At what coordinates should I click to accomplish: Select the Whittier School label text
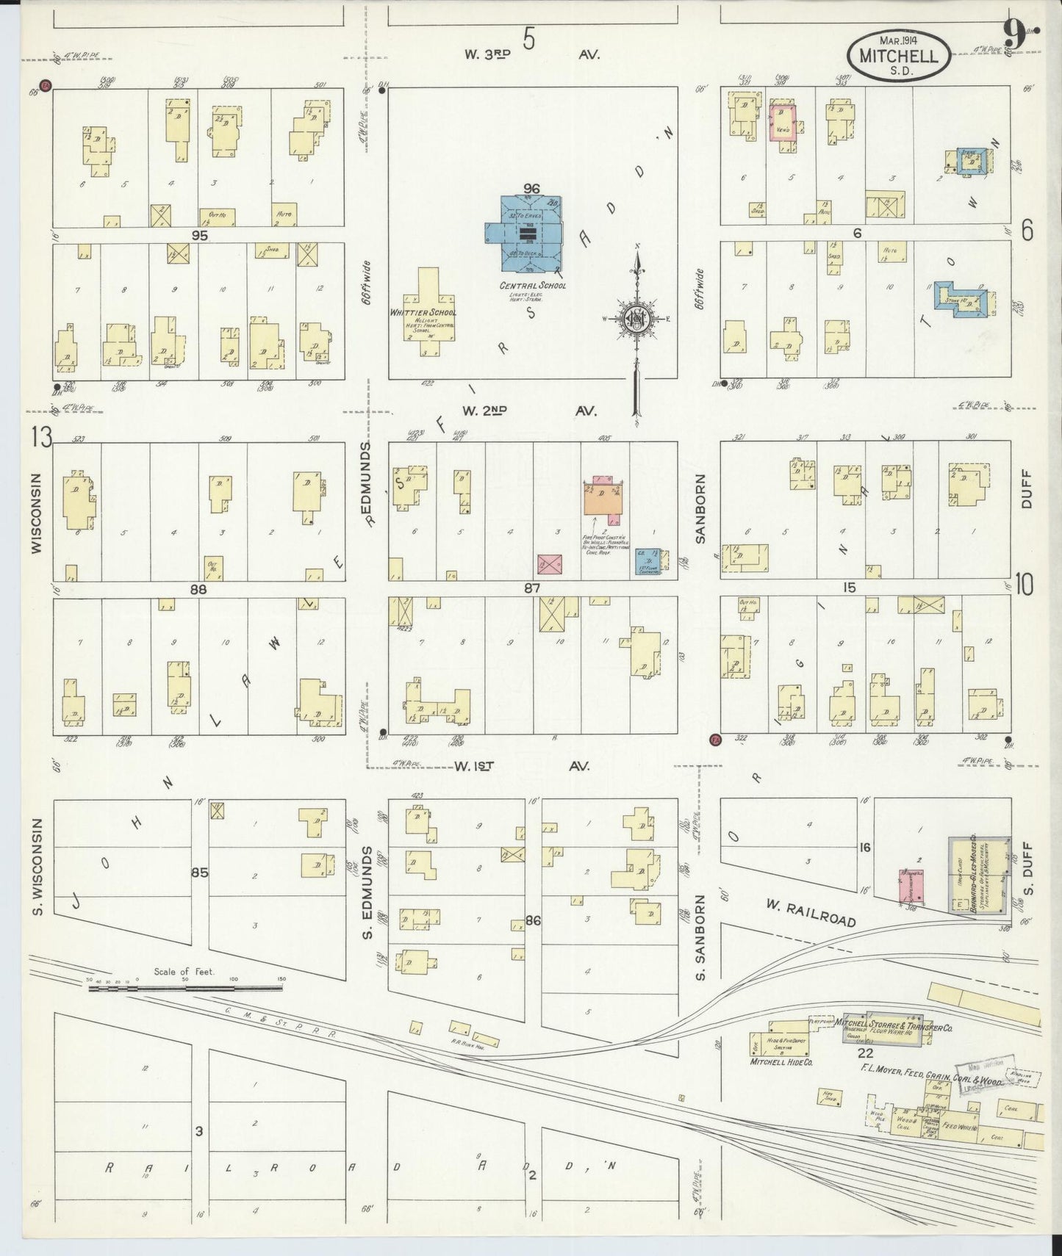tap(423, 313)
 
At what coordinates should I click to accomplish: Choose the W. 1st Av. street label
tap(521, 766)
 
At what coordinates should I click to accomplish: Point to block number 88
tap(198, 589)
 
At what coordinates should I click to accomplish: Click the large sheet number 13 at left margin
tap(41, 438)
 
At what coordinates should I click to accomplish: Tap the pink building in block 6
tap(783, 123)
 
